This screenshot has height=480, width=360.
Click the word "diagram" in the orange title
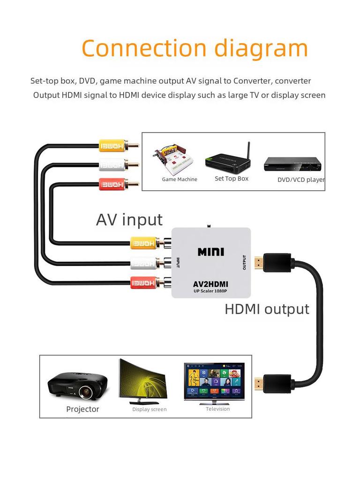click(261, 48)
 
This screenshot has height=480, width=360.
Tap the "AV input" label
click(129, 219)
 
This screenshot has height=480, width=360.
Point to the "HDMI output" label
click(267, 309)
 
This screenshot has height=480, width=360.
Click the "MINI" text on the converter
click(211, 252)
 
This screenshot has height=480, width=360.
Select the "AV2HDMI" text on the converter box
click(210, 284)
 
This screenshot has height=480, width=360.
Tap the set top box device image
click(228, 160)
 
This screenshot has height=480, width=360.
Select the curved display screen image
click(142, 382)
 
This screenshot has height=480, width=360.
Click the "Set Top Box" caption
click(232, 179)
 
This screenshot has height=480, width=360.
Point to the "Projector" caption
click(82, 409)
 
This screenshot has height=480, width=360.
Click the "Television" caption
click(218, 409)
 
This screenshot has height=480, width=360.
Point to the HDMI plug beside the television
click(272, 383)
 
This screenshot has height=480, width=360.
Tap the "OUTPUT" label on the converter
click(244, 262)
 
